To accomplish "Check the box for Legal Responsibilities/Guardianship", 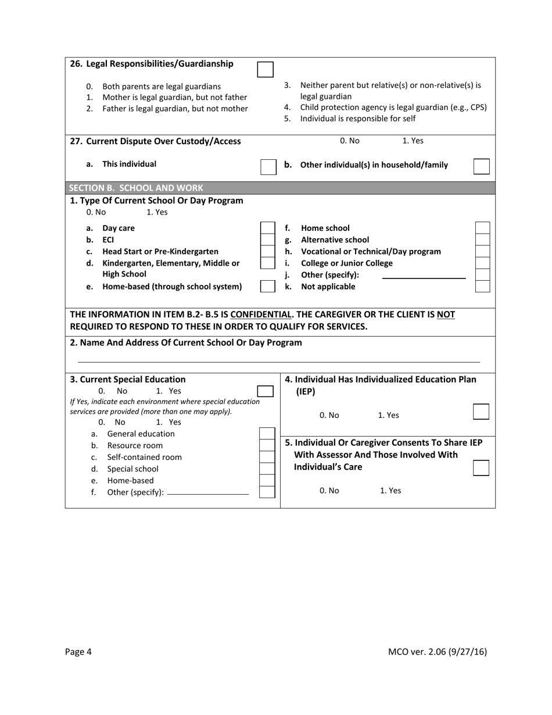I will pos(264,69).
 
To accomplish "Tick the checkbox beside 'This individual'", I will pos(268,166).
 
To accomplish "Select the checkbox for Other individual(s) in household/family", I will pos(481,166).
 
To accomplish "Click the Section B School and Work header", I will pos(136,188).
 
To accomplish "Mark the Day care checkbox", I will pos(267,228).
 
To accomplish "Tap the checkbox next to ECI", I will pos(267,239).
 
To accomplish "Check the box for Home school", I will pos(482,228).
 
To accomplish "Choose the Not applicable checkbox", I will pos(482,286).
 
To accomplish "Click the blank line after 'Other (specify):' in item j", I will pos(424,277).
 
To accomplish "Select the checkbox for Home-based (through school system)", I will pos(267,286).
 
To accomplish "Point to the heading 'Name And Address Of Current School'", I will pos(186,342).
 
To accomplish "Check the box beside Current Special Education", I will pos(265,391).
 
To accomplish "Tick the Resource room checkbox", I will pos(267,445).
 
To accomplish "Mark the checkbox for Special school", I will pos(267,469).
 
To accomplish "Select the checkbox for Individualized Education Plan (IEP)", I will pos(481,412).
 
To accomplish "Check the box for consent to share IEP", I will pos(481,468).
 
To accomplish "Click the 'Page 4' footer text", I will pos(78,652).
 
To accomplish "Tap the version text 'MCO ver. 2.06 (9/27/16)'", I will pos(437,652).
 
